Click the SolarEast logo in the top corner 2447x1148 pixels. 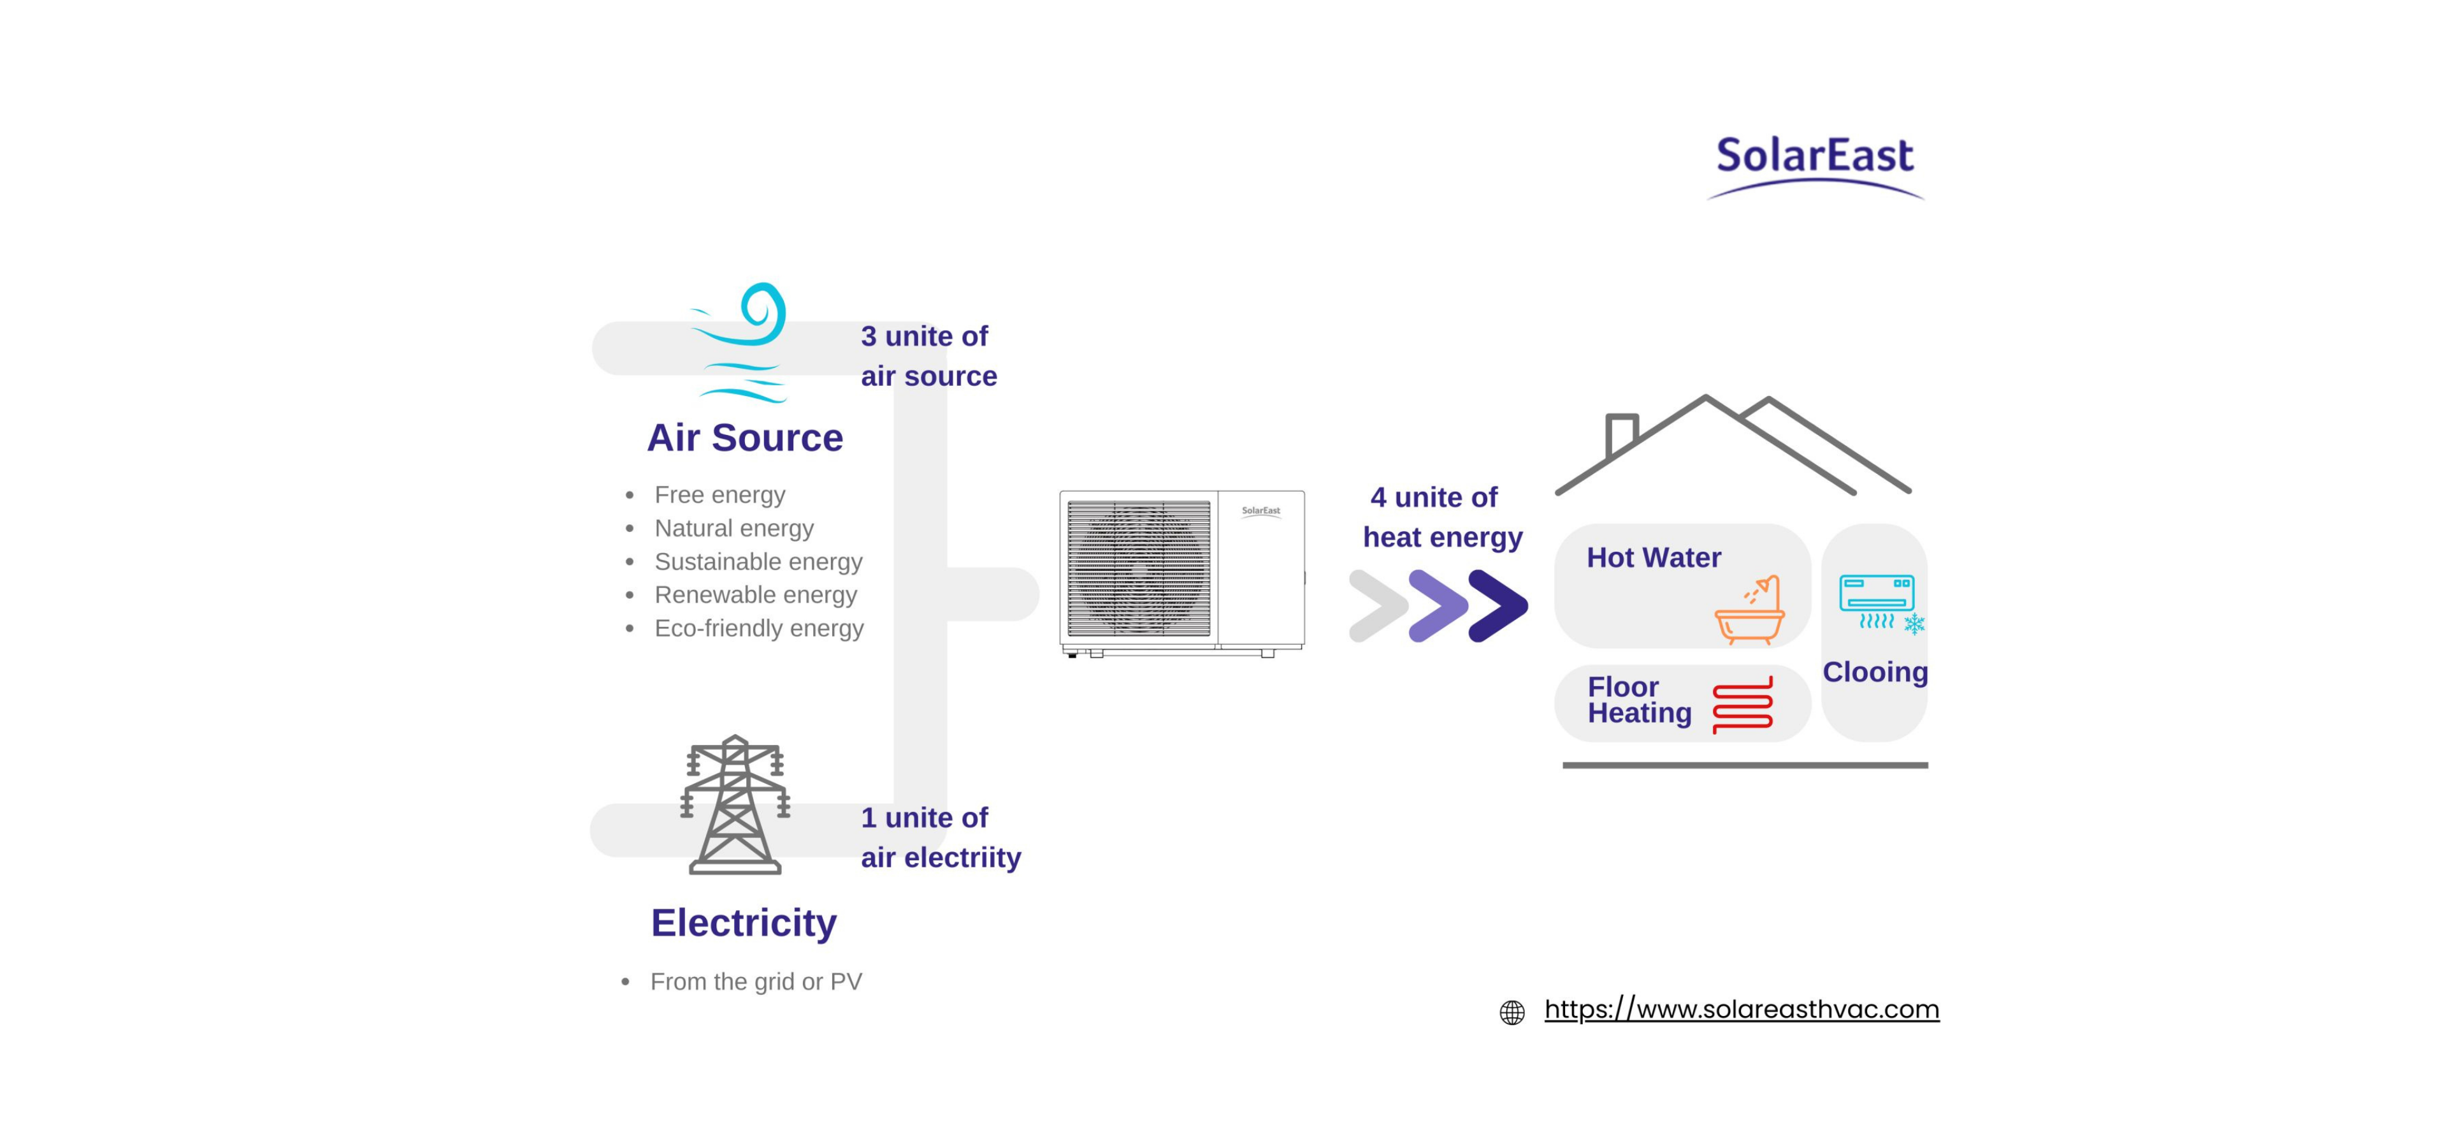pyautogui.click(x=1814, y=163)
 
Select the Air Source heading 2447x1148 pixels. pyautogui.click(x=745, y=438)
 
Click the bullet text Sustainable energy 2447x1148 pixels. pyautogui.click(x=758, y=562)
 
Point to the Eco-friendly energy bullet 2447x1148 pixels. pyautogui.click(x=759, y=628)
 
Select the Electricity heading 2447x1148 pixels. pyautogui.click(x=744, y=923)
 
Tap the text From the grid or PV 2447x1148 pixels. pyautogui.click(x=756, y=982)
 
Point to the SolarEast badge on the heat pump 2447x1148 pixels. pyautogui.click(x=1260, y=511)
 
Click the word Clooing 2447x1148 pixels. pyautogui.click(x=1874, y=673)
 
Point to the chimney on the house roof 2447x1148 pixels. pyautogui.click(x=1621, y=435)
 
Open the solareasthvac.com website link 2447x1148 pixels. pyautogui.click(x=1741, y=1009)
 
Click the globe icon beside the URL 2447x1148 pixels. pyautogui.click(x=1512, y=1013)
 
